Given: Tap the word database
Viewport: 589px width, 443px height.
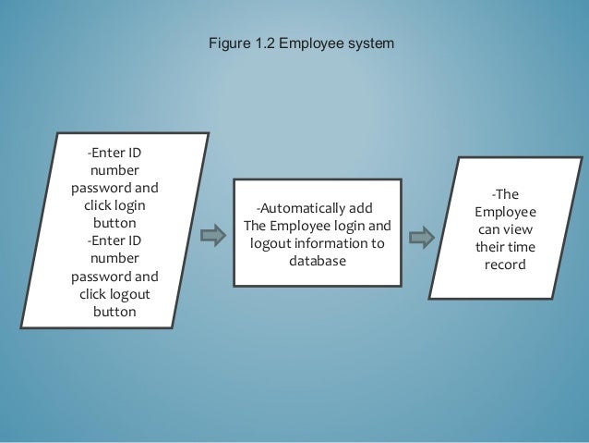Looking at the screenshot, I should [317, 261].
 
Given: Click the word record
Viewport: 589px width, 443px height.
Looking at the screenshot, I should [504, 265].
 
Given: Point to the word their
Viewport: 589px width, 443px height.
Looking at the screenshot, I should [489, 248].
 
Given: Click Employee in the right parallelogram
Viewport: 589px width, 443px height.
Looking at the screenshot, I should [504, 213].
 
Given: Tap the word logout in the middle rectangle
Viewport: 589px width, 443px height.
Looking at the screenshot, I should [270, 243].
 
